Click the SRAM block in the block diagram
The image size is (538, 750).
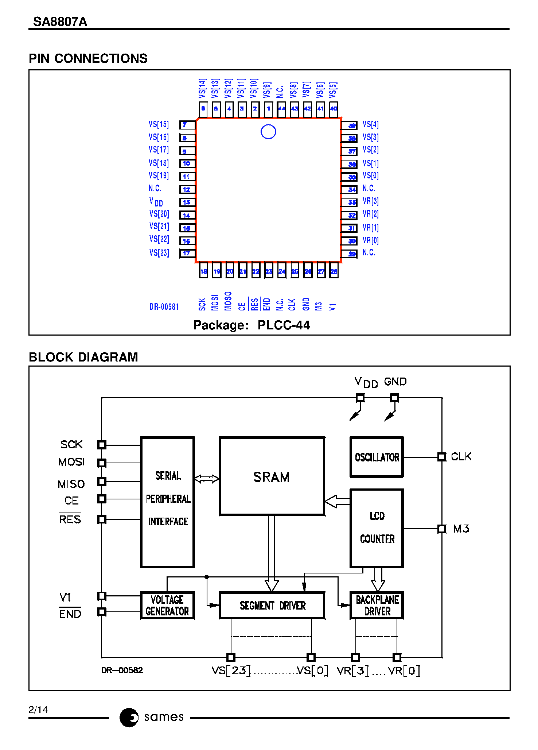coord(272,476)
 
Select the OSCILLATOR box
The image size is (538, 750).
coord(377,457)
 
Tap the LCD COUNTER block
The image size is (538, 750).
coord(377,528)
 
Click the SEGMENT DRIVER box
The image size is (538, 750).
coord(272,605)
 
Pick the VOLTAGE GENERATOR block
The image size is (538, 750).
coord(167,605)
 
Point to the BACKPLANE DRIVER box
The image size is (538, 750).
coord(377,605)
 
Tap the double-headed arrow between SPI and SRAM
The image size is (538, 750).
coord(206,479)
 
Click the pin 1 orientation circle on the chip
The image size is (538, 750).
coord(268,132)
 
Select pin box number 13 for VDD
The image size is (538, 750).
coord(187,202)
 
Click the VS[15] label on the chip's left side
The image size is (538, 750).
coord(159,124)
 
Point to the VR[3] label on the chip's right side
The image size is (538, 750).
coord(370,201)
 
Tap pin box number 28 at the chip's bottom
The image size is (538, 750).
coord(334,271)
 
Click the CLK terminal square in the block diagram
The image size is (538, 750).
coord(442,457)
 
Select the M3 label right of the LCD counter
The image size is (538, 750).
coord(461,529)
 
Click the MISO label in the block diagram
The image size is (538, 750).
coord(71,484)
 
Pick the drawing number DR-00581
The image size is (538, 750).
coord(164,307)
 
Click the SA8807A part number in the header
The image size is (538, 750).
coord(60,22)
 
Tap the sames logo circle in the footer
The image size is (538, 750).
coord(129,717)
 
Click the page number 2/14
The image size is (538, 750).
coord(38,710)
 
